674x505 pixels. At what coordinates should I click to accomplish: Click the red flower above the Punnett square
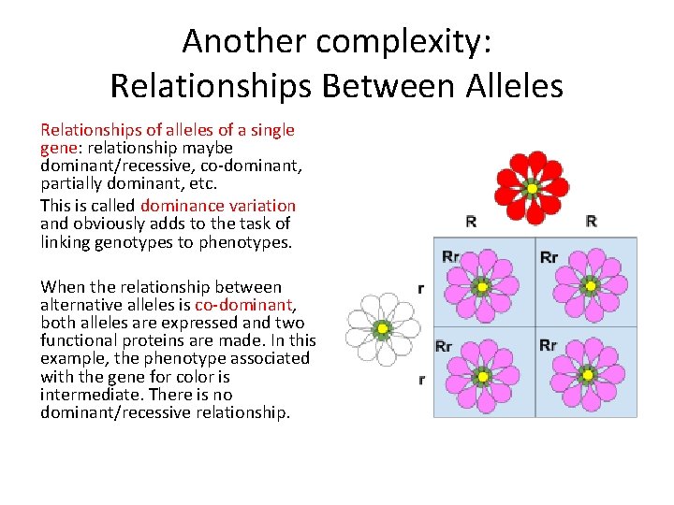[532, 187]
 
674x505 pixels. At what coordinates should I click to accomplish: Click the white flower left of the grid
[381, 328]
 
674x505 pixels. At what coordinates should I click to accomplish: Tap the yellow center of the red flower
[532, 188]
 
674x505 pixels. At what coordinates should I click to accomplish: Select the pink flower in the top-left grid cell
[480, 285]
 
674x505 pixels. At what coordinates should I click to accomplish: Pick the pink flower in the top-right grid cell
[589, 285]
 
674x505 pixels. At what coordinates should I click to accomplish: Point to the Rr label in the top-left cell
[450, 256]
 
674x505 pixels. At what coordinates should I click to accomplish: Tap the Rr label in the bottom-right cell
[549, 345]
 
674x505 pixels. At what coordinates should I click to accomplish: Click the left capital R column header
[471, 222]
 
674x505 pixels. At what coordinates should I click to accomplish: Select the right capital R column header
[591, 222]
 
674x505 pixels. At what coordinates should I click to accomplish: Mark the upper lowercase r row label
[420, 289]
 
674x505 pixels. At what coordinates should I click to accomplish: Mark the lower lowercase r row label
[420, 379]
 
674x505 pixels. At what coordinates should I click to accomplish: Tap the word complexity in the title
[396, 41]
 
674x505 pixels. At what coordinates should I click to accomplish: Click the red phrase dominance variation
[218, 206]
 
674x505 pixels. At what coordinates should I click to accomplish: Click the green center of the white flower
[381, 329]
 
